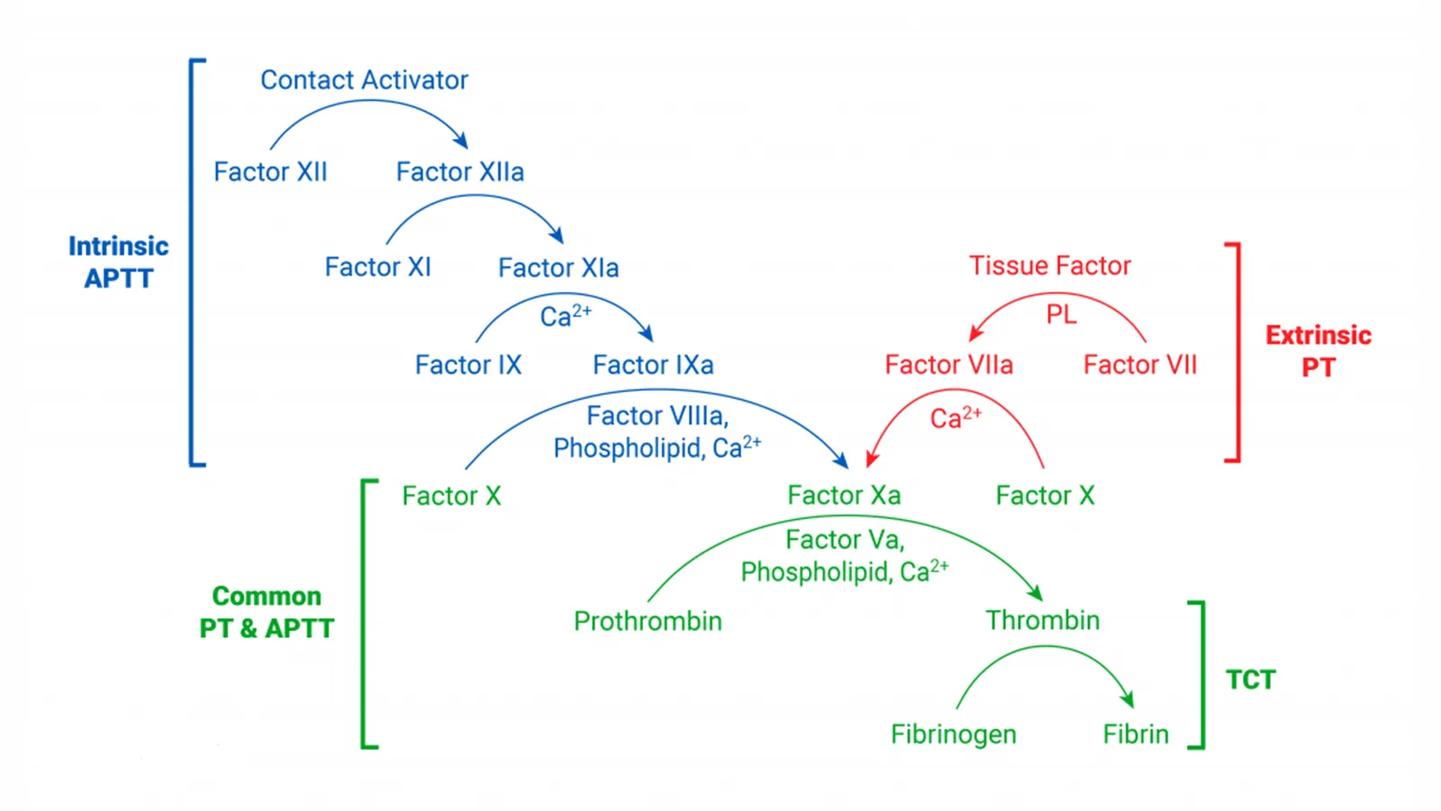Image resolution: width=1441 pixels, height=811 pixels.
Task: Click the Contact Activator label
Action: click(364, 80)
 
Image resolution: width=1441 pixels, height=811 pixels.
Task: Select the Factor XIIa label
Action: click(459, 172)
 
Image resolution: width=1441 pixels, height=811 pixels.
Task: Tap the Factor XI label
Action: click(377, 268)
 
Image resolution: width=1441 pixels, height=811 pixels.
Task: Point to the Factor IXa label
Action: click(653, 365)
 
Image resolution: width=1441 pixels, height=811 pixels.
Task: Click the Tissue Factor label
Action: click(1049, 266)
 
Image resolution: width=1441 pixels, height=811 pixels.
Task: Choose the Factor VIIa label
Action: click(948, 365)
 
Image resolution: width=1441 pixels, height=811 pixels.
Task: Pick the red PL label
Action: click(1061, 314)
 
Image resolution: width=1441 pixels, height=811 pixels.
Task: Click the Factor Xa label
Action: click(843, 496)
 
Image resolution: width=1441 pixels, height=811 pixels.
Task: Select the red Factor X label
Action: click(1045, 496)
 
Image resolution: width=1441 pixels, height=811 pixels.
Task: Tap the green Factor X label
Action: click(451, 497)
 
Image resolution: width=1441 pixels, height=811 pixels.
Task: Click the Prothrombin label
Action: click(648, 621)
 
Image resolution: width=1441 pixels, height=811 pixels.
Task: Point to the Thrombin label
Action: click(1042, 621)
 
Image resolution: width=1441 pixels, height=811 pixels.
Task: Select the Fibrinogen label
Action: click(953, 734)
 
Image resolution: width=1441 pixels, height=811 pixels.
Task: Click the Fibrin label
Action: click(1136, 734)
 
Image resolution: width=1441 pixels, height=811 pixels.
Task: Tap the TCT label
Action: click(1250, 679)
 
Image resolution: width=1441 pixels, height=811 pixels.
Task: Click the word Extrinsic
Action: click(1318, 335)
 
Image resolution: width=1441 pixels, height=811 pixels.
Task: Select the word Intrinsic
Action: click(118, 246)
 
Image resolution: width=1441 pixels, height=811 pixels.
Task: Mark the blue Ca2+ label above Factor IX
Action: click(566, 315)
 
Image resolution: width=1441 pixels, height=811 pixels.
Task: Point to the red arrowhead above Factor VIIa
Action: click(975, 333)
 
